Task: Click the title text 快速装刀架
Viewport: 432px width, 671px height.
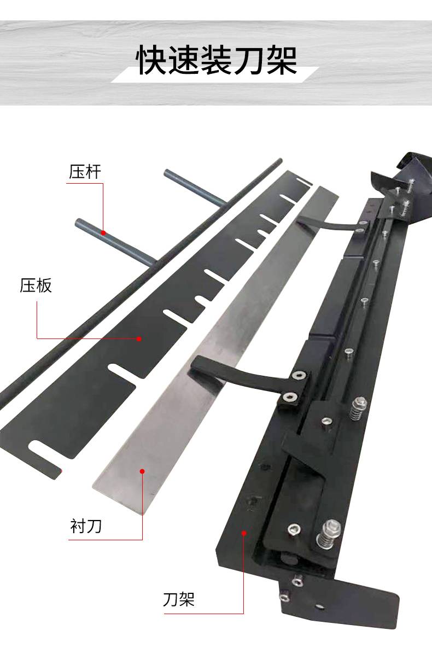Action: [217, 60]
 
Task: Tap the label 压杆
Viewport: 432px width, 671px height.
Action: [85, 172]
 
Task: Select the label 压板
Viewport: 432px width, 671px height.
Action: [36, 285]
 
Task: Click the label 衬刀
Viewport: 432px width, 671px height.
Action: [86, 526]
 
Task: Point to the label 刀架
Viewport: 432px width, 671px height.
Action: [179, 599]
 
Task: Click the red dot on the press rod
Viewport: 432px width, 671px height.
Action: [103, 233]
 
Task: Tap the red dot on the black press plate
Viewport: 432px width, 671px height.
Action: [139, 339]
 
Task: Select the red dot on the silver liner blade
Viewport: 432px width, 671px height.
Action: [142, 471]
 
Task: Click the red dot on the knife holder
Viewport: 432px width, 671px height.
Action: [244, 533]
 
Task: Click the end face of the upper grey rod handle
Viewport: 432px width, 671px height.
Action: [167, 173]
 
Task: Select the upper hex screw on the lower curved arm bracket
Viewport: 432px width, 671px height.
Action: [300, 375]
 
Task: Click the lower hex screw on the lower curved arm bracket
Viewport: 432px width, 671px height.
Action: [289, 397]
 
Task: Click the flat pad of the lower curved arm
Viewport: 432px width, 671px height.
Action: [207, 370]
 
